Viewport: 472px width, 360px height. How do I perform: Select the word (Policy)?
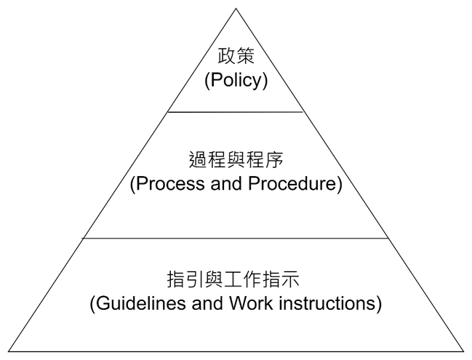pos(236,79)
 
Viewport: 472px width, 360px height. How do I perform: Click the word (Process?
pos(164,184)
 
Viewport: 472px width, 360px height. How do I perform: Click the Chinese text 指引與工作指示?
pos(236,279)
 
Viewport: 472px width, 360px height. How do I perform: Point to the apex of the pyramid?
pos(236,9)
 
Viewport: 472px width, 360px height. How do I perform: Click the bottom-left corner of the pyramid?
pos(8,351)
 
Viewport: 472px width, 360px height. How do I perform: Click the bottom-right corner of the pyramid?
pos(464,351)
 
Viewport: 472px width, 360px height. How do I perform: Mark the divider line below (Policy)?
pos(236,112)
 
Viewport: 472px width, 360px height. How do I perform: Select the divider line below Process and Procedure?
pos(236,238)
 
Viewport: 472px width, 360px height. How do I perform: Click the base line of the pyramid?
pos(236,351)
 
